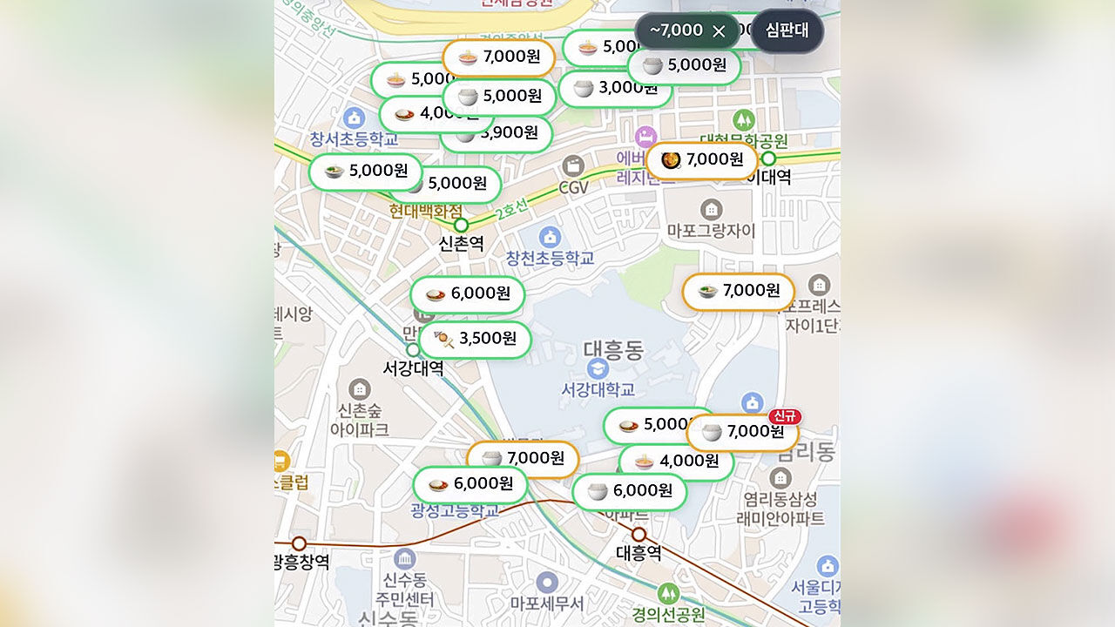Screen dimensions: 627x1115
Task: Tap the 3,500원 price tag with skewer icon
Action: point(476,340)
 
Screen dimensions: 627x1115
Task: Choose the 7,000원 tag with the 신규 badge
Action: point(742,432)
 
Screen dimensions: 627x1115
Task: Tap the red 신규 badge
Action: point(784,416)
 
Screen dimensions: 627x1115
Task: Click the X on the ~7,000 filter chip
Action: point(719,31)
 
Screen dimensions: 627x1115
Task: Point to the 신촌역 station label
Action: point(461,244)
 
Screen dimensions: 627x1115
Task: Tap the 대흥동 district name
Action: point(613,351)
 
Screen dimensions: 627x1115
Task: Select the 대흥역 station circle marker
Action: point(639,534)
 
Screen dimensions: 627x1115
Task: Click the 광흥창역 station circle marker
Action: point(299,543)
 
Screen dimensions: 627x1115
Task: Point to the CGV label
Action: point(573,187)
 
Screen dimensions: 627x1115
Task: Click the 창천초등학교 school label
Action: point(550,258)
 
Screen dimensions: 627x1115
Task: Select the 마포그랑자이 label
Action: point(711,231)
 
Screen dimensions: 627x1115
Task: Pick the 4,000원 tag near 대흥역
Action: point(676,462)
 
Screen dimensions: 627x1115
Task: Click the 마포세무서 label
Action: point(547,603)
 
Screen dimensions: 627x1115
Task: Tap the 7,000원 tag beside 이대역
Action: point(701,160)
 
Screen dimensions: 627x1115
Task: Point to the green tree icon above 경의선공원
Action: point(668,593)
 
